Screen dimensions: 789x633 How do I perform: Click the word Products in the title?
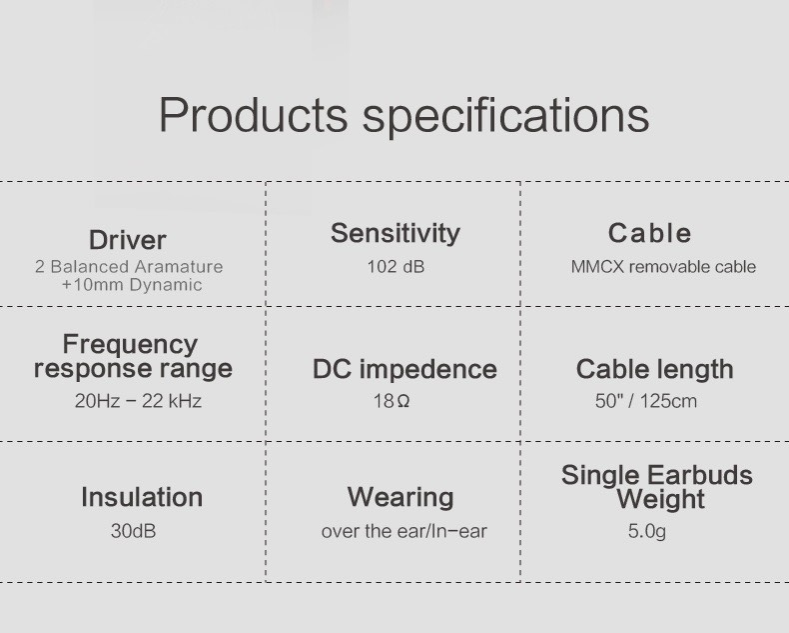click(253, 114)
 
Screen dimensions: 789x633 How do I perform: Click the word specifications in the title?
click(505, 117)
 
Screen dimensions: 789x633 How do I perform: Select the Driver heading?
click(127, 240)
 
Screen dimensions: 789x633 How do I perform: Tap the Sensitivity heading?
click(395, 233)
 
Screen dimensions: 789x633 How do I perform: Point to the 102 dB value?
click(395, 266)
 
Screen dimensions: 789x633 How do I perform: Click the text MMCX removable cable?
click(663, 266)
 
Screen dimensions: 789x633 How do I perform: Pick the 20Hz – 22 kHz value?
click(138, 401)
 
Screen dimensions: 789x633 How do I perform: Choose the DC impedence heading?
click(404, 369)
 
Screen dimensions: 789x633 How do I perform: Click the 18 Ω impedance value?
click(391, 401)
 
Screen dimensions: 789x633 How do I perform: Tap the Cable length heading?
click(654, 369)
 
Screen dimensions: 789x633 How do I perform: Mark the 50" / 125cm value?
click(646, 401)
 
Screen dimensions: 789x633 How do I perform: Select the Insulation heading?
click(142, 497)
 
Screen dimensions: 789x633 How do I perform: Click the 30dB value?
click(134, 531)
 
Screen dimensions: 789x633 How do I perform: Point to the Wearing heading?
click(400, 498)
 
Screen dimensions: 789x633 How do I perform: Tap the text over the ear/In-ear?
click(404, 531)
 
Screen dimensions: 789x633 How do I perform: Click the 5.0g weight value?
click(646, 531)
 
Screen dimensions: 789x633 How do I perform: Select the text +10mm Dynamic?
click(132, 285)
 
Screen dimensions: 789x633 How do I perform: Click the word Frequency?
click(130, 345)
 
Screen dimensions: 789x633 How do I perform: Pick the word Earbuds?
click(700, 475)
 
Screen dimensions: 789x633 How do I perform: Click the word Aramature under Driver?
click(179, 266)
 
